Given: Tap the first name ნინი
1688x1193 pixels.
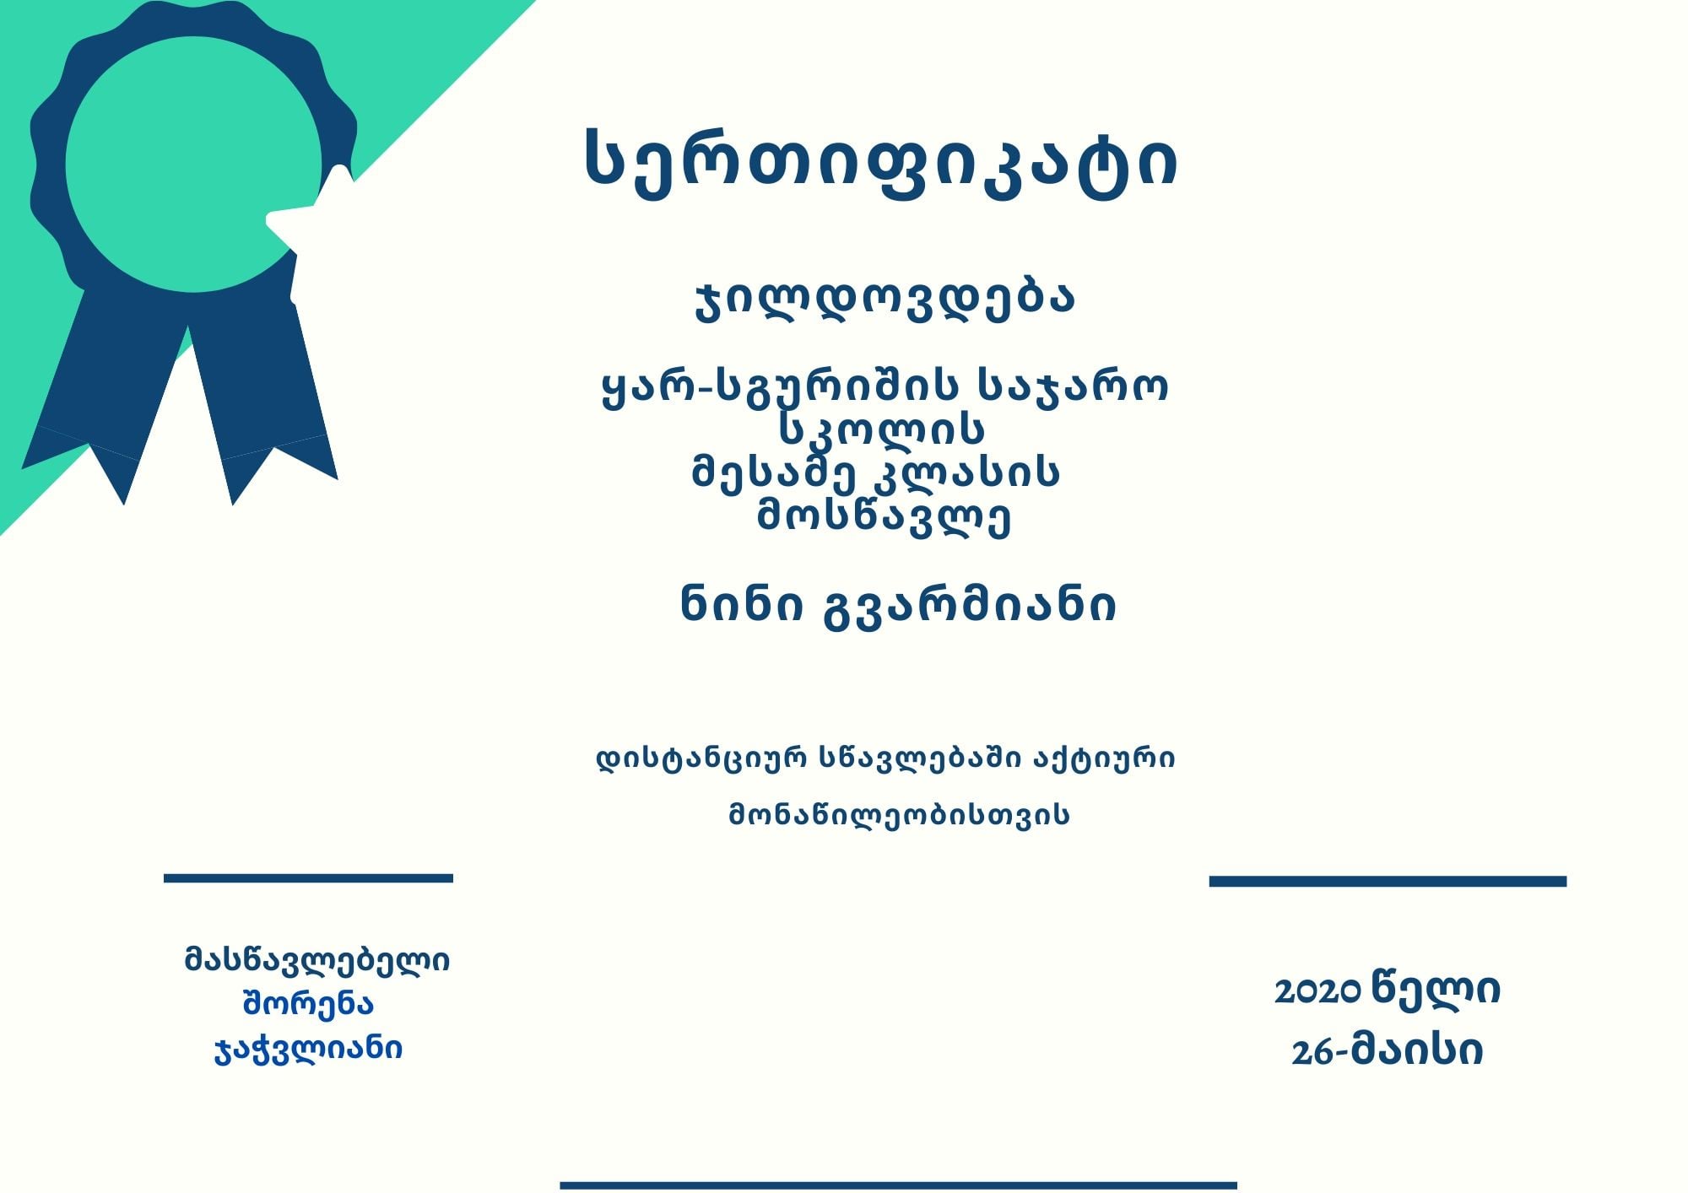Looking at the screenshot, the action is point(742,604).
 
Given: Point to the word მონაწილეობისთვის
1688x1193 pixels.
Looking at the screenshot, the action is point(899,814).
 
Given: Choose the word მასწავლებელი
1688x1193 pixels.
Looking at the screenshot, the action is point(317,960).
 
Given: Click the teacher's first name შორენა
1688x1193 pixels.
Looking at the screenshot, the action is point(308,1003).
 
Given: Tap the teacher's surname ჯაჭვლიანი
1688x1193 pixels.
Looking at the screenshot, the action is point(308,1049).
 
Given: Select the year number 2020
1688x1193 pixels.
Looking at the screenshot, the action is point(1317,992).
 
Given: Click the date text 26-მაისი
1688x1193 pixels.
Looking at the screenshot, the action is point(1387,1051).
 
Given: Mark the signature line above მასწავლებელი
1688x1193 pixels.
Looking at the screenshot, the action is point(308,878).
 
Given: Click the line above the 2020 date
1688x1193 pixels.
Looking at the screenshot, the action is point(1388,881).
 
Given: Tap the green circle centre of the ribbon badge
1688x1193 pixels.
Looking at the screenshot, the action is point(193,165).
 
